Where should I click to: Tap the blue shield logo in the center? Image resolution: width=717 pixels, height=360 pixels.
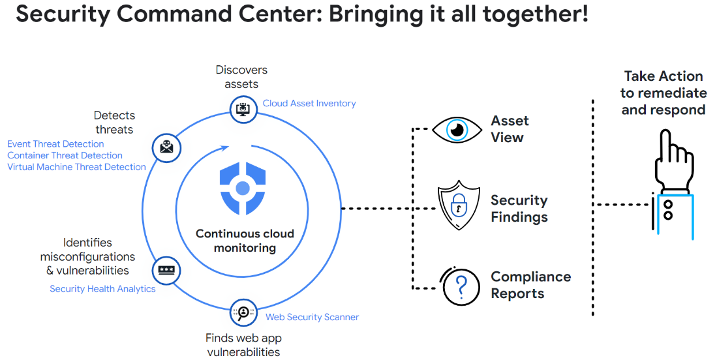(x=243, y=188)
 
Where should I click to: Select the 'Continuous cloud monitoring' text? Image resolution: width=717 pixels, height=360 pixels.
(x=245, y=241)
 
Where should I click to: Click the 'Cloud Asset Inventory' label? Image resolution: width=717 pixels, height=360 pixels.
(x=309, y=103)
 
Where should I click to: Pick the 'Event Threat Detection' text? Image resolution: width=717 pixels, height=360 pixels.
(x=55, y=143)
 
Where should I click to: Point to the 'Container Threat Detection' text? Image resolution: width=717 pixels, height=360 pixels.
(x=65, y=155)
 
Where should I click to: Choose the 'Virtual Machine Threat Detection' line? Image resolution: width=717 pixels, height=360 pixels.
(x=76, y=167)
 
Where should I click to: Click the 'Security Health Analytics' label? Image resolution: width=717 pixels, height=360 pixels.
(x=102, y=288)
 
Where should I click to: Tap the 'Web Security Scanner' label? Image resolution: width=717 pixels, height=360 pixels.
(x=312, y=317)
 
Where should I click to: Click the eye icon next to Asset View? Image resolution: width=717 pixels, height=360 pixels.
(x=457, y=129)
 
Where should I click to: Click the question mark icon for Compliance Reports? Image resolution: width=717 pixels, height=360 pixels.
(x=461, y=286)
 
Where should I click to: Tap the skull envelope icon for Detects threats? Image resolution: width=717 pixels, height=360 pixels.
(x=166, y=147)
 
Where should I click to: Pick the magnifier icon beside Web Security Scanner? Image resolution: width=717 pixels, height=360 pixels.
(x=243, y=314)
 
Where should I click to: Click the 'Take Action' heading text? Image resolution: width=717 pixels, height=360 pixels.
(x=663, y=76)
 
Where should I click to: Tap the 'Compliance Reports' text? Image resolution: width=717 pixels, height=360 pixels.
(x=530, y=285)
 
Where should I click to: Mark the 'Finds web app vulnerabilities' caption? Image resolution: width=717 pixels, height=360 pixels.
(x=243, y=345)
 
